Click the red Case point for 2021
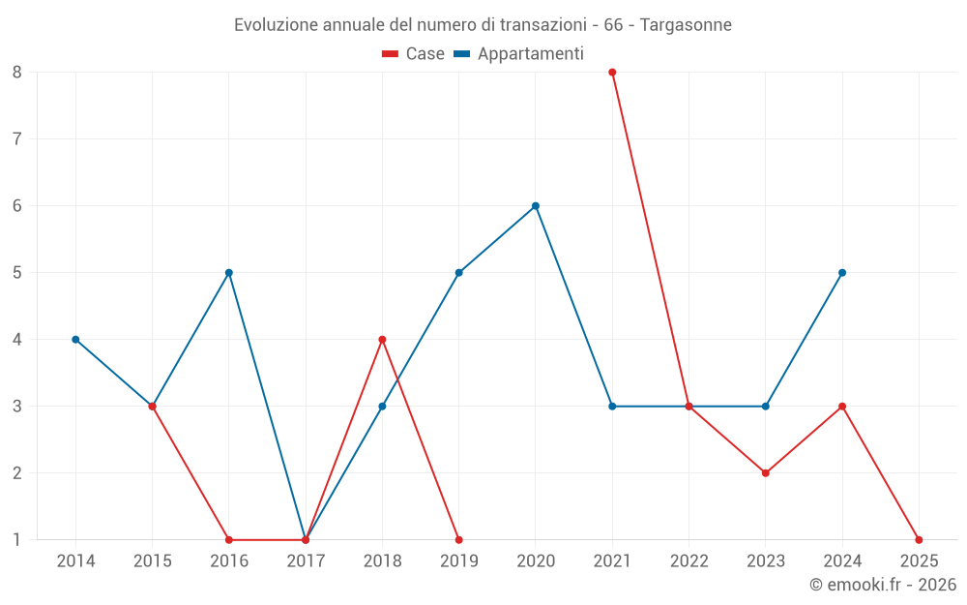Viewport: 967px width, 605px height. pos(612,72)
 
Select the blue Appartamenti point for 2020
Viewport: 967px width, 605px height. pos(536,206)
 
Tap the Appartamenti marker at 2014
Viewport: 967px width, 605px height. pos(75,340)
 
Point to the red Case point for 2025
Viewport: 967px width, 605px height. pos(919,540)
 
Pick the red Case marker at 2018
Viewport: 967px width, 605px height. pos(382,340)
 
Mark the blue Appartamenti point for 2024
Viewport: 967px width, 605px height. pos(842,273)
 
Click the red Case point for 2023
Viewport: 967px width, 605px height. pos(766,473)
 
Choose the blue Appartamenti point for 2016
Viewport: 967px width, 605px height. pos(229,273)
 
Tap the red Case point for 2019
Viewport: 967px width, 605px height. pos(458,540)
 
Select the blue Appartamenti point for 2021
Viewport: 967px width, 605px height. pos(612,407)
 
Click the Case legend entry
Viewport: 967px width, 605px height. pos(414,54)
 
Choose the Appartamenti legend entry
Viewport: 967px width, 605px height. pos(519,54)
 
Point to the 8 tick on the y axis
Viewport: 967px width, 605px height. pos(17,72)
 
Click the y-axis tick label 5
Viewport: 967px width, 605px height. pos(17,273)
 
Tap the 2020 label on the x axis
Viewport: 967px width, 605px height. pos(536,561)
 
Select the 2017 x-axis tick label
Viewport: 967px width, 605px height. pos(306,561)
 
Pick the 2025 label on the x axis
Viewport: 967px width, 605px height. pos(919,561)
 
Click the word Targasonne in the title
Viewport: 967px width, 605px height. pos(686,24)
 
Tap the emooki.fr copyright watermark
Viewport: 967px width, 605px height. pos(883,585)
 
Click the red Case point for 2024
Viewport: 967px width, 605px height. pos(842,407)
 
